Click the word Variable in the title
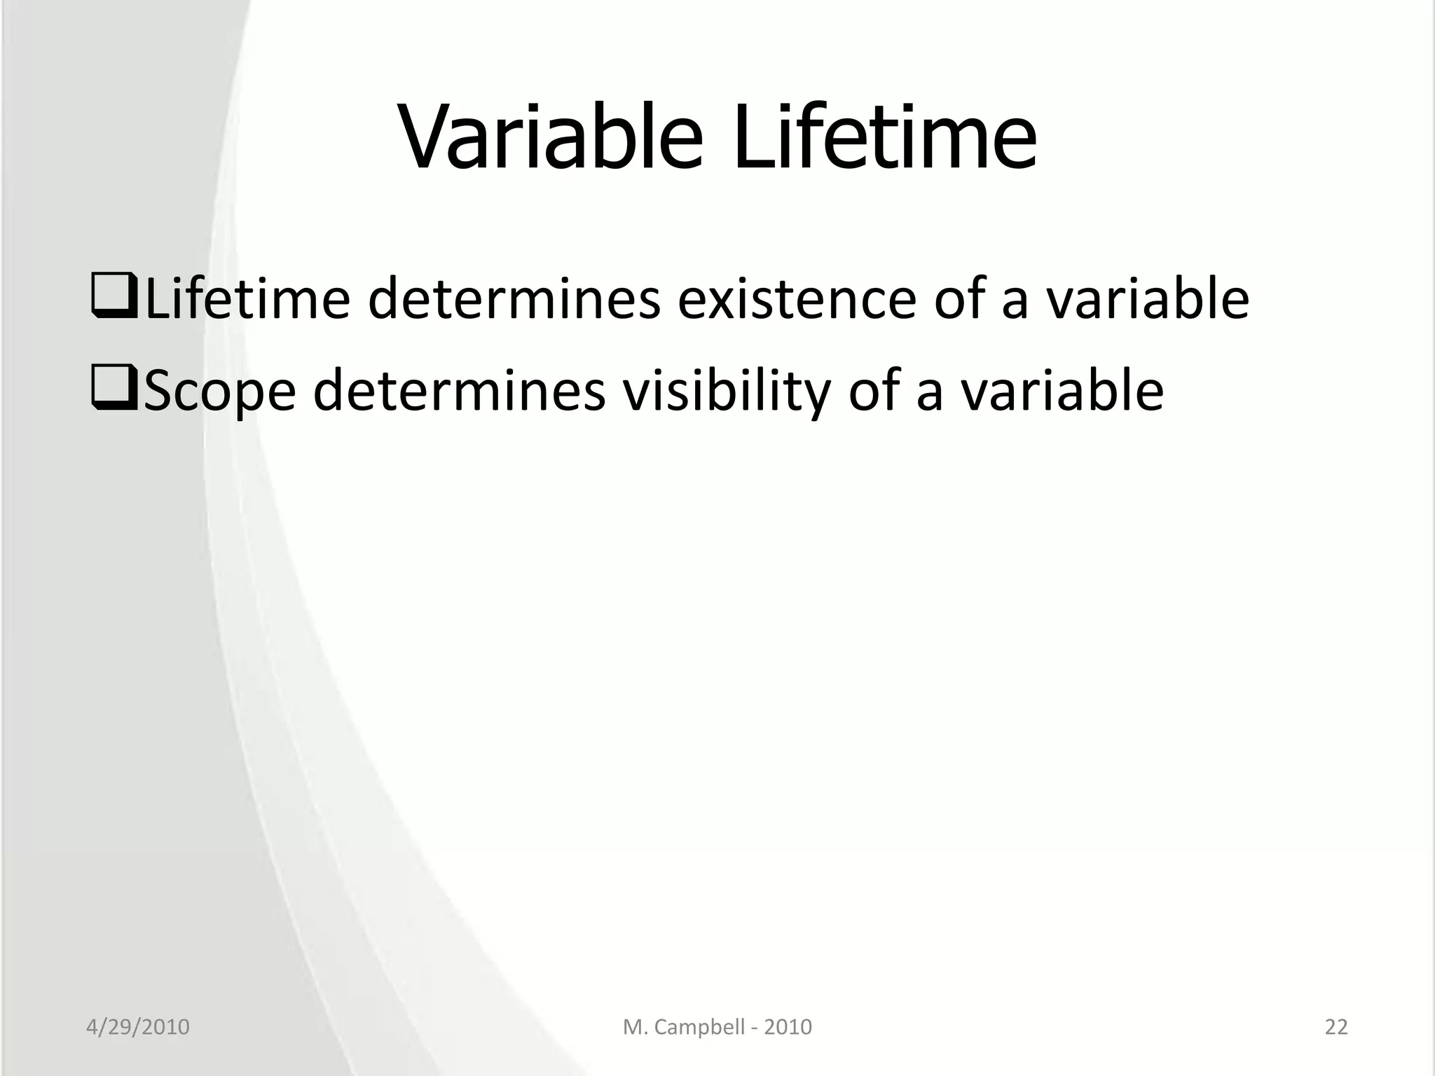(551, 136)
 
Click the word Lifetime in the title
(884, 136)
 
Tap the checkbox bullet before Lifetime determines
(115, 298)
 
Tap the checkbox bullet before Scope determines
(115, 389)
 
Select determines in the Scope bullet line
(459, 391)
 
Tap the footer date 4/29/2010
(138, 1027)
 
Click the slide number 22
(1336, 1027)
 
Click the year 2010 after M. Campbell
(788, 1027)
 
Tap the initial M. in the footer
(633, 1027)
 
